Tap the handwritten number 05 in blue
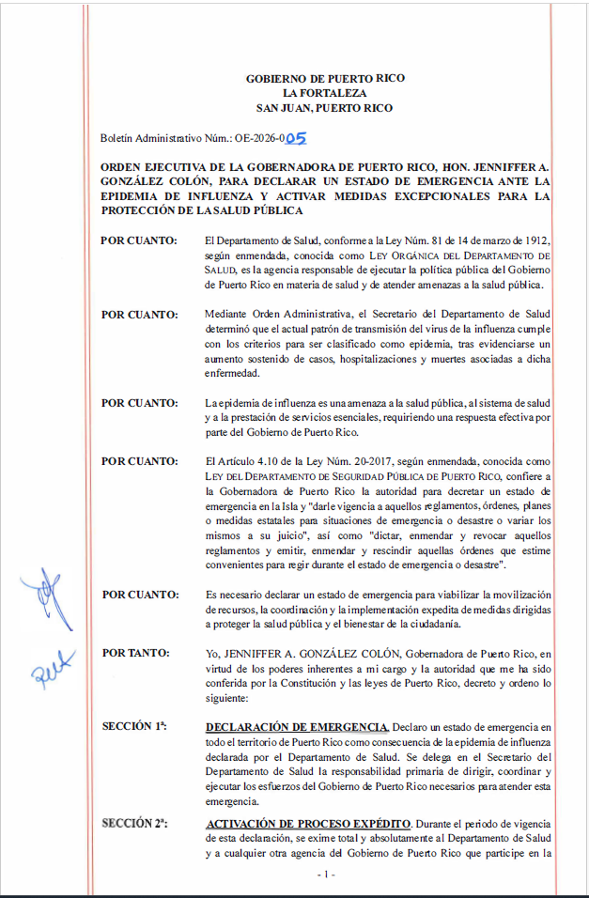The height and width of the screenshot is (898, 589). click(296, 138)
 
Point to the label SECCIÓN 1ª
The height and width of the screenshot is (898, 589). click(134, 726)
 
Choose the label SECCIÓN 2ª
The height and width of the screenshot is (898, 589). click(134, 823)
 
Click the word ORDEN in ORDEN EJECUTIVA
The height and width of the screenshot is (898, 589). click(121, 166)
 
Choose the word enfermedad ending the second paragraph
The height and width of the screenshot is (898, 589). click(231, 374)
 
